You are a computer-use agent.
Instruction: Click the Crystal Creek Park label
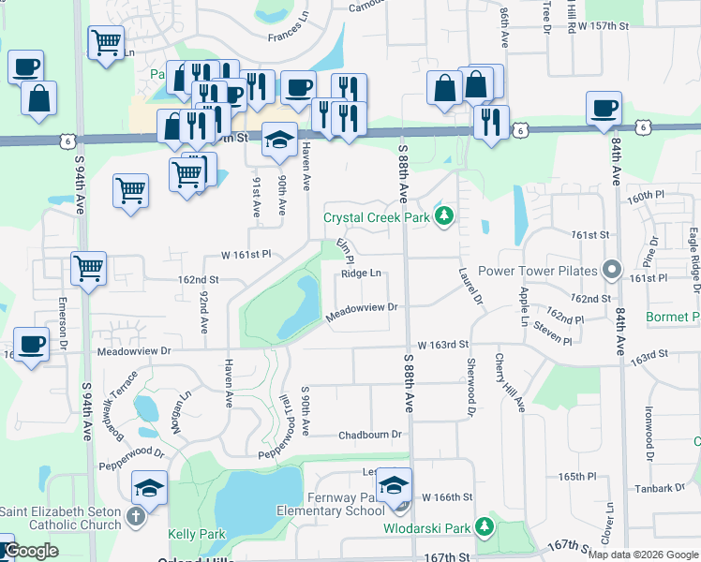376,217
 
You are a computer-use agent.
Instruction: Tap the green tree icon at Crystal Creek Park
444,217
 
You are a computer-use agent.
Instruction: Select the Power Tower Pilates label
538,271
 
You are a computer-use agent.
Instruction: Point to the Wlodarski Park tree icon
484,527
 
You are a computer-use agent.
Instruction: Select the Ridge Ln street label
362,274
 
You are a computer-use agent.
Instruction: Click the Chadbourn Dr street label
369,435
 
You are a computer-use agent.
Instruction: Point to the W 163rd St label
442,345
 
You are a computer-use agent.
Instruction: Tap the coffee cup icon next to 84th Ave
604,107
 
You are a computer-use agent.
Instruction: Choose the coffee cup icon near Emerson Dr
31,343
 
